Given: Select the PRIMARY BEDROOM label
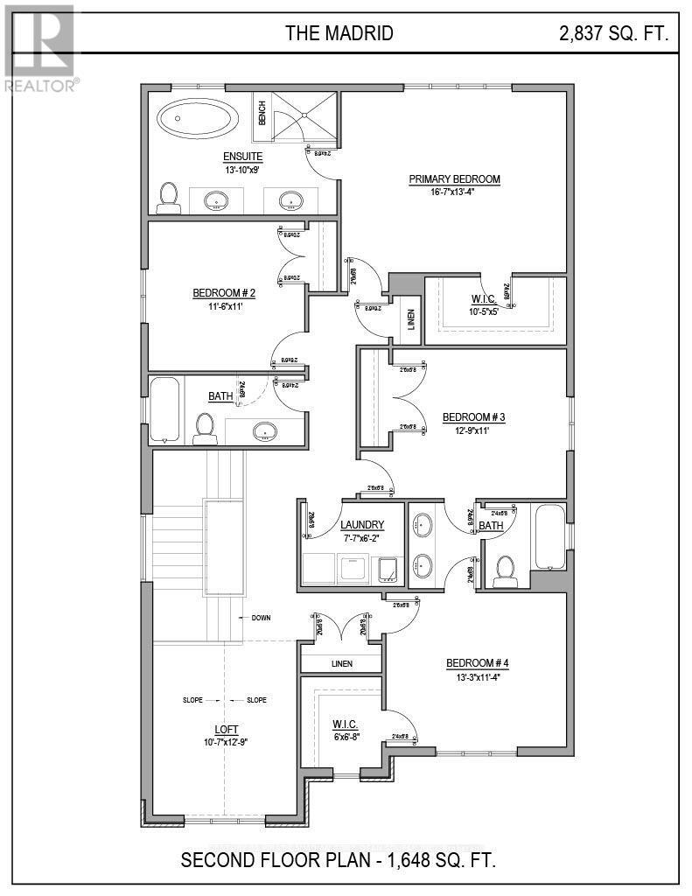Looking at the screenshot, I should click(454, 179).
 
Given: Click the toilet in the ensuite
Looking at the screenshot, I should click(167, 199).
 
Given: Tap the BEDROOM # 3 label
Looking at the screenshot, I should click(473, 417).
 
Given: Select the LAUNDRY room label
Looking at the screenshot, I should click(362, 525).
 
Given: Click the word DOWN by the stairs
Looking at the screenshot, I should click(260, 618).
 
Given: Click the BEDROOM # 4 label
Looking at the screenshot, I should click(477, 662).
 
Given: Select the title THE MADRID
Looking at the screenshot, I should click(339, 34).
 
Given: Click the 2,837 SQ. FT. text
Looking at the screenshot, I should click(613, 34).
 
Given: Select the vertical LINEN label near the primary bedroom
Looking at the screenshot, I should click(410, 321).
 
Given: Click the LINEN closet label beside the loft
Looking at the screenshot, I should click(341, 664).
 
